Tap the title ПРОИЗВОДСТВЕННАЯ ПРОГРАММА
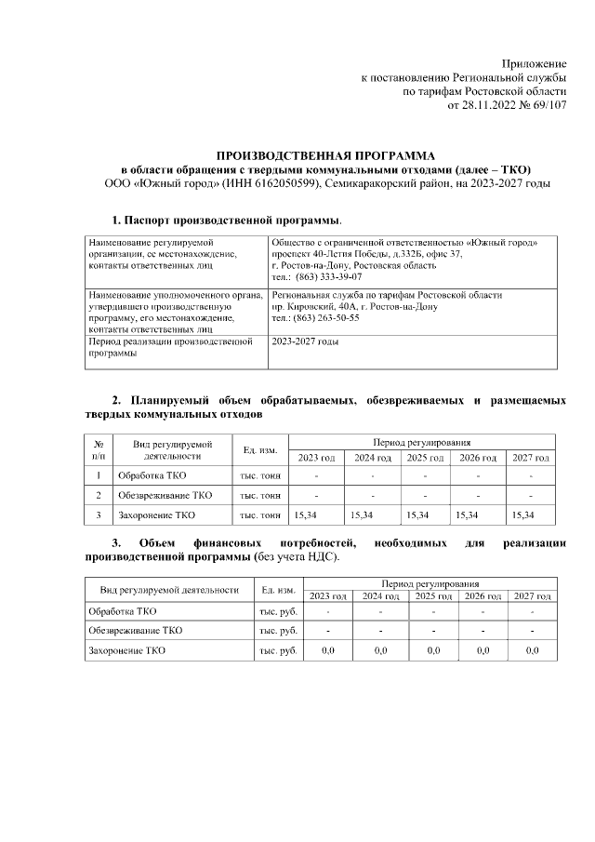[x=326, y=154]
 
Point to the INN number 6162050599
[x=284, y=183]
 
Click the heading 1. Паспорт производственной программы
[x=227, y=221]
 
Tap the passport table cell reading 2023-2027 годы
[x=305, y=341]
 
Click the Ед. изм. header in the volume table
[x=260, y=450]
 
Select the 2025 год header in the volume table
[x=424, y=458]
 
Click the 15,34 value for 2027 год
[x=524, y=515]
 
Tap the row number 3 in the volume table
[x=99, y=515]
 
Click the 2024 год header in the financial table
[x=380, y=595]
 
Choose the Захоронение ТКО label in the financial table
[x=126, y=651]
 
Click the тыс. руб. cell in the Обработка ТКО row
[x=277, y=612]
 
